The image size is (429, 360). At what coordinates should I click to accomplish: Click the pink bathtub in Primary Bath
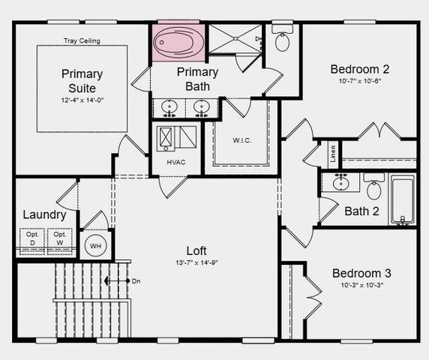[178, 42]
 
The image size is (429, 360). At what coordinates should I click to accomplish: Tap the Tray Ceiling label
[82, 40]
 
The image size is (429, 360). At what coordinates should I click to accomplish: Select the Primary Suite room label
[82, 81]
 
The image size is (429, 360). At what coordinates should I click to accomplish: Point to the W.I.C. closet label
[241, 139]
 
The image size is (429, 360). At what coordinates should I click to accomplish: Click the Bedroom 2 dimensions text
[360, 82]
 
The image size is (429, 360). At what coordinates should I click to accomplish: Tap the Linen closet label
[333, 154]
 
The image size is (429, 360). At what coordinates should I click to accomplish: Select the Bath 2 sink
[341, 182]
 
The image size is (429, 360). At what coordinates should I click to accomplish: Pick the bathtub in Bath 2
[402, 199]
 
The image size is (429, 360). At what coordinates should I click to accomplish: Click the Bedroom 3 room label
[361, 273]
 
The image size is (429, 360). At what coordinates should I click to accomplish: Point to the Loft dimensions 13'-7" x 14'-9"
[197, 263]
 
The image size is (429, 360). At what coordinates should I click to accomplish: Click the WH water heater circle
[95, 245]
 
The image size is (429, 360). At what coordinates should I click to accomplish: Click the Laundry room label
[44, 214]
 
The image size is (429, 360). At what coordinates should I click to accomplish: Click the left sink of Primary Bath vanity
[169, 108]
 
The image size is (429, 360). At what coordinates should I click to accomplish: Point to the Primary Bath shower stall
[234, 39]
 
